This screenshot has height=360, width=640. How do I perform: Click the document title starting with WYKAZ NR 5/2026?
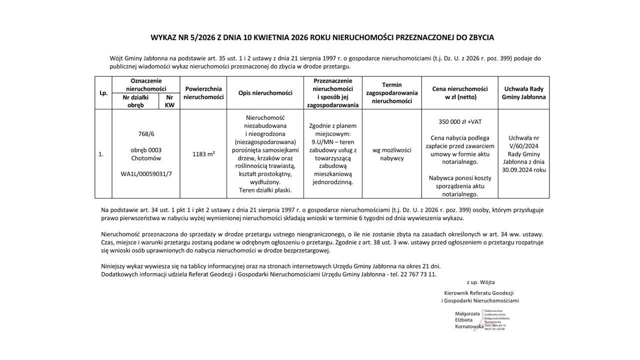coord(322,37)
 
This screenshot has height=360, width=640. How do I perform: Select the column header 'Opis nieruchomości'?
coord(265,92)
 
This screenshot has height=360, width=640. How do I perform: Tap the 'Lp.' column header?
coord(103,92)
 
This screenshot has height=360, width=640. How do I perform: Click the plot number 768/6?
coord(145,134)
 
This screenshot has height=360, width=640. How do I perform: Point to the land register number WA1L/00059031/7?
coord(145,174)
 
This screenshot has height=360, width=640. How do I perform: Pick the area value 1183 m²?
coord(203,154)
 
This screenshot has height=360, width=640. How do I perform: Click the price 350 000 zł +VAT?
coord(460,121)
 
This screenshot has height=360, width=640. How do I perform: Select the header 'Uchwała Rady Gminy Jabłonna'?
coord(523,92)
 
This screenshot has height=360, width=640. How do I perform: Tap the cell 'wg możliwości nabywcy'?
coord(392,154)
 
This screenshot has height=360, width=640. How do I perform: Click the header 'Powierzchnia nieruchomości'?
coord(203,92)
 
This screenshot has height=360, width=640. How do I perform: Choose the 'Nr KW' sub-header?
coord(169,101)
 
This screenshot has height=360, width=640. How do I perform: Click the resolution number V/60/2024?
coord(523,146)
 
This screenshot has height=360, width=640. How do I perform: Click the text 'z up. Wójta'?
coord(480,282)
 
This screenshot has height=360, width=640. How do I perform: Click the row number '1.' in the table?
coord(101,154)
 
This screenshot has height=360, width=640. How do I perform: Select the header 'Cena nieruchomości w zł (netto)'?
coord(460,92)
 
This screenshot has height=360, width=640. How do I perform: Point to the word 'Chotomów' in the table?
coord(145,158)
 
